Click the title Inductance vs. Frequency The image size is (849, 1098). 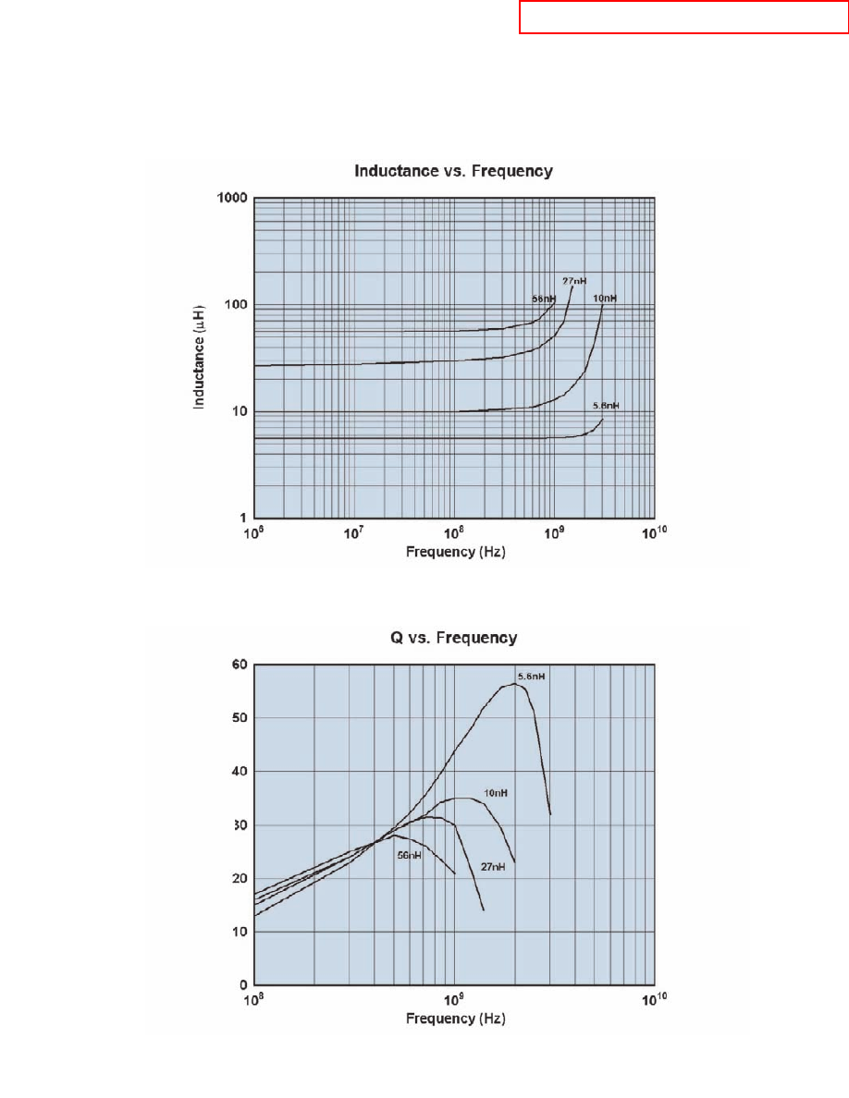pyautogui.click(x=454, y=171)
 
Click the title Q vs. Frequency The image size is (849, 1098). pyautogui.click(x=454, y=638)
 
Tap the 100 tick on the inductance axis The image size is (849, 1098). pyautogui.click(x=236, y=305)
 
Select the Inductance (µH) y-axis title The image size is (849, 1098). pyautogui.click(x=199, y=359)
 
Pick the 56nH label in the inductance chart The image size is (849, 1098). pyautogui.click(x=543, y=299)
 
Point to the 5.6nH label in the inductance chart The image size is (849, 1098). pyautogui.click(x=606, y=406)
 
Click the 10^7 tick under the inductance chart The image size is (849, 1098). pyautogui.click(x=352, y=533)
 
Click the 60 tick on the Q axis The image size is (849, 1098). pyautogui.click(x=239, y=665)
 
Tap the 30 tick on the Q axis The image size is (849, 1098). pyautogui.click(x=239, y=824)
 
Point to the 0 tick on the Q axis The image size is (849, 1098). pyautogui.click(x=242, y=985)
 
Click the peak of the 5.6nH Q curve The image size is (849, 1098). pyautogui.click(x=513, y=684)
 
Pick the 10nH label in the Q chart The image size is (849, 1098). pyautogui.click(x=496, y=793)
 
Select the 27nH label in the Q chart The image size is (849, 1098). pyautogui.click(x=491, y=867)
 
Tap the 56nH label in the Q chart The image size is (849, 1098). pyautogui.click(x=409, y=855)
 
